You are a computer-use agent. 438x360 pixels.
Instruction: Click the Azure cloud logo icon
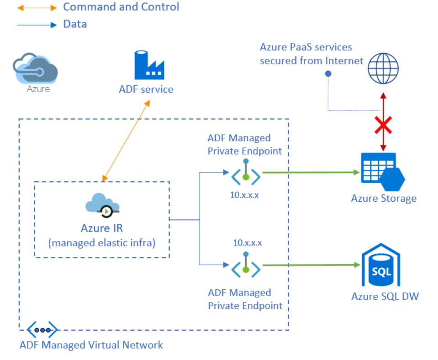click(36, 69)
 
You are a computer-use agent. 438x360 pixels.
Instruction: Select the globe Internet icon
click(384, 69)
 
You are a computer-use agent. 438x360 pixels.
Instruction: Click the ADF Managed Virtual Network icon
click(42, 329)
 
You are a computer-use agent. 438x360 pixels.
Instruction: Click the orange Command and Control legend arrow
click(37, 8)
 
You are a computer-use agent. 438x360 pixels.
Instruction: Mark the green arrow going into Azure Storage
click(311, 172)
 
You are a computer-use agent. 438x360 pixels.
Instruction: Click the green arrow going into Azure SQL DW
click(311, 265)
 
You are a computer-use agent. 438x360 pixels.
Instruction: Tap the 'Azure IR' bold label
click(102, 228)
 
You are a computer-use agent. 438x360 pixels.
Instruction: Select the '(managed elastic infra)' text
click(102, 243)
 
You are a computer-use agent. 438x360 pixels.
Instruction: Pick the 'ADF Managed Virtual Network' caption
click(91, 344)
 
